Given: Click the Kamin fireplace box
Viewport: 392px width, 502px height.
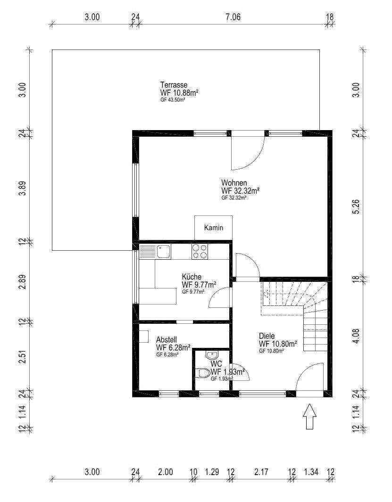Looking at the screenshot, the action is [x=214, y=228].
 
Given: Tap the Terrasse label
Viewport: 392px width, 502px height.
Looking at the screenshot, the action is [x=174, y=85].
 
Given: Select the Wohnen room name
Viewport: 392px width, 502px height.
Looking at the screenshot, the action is [x=234, y=183].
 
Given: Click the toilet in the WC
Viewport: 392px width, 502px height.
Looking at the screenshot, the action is [x=202, y=373].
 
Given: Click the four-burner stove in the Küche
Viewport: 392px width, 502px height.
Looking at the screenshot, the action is [x=200, y=251].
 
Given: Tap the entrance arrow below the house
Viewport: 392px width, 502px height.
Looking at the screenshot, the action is [x=309, y=416].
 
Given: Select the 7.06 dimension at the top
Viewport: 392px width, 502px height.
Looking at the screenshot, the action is [x=233, y=16].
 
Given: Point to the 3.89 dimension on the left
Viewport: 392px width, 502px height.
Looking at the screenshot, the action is [x=22, y=189].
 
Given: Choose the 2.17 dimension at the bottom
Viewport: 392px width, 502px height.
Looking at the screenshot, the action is [x=261, y=472].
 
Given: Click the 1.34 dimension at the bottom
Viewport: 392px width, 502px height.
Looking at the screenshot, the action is [x=311, y=472].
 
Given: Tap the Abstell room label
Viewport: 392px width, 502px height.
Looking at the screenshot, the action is [x=167, y=339].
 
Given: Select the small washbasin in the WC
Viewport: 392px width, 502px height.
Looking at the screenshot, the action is [x=211, y=355].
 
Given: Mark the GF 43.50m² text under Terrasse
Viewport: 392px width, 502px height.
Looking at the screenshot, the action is [x=173, y=100].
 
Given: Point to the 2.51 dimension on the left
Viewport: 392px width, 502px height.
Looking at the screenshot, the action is [x=22, y=356].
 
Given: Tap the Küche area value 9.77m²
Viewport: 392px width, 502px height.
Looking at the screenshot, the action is [x=204, y=285].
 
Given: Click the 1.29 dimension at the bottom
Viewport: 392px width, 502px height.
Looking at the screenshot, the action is [x=212, y=472].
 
